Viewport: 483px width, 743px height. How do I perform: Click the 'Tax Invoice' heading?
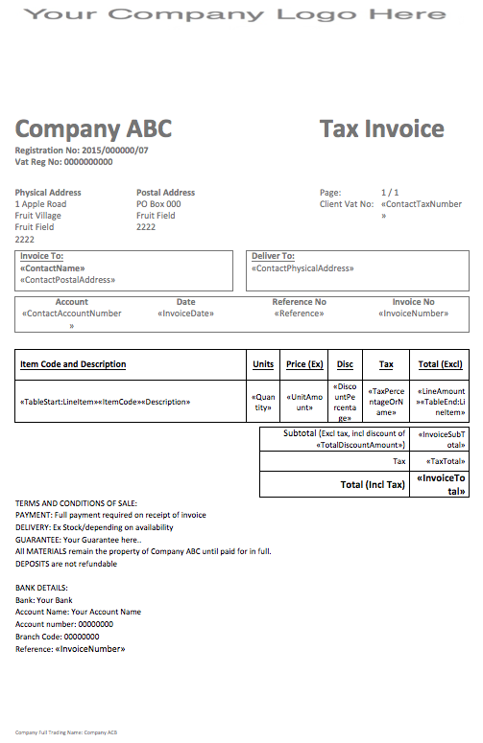click(381, 129)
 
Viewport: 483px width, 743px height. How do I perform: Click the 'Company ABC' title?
click(93, 129)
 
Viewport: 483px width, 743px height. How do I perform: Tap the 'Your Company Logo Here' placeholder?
click(235, 14)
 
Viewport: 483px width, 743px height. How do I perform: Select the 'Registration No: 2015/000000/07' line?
click(82, 151)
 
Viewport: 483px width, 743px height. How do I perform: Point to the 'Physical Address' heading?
click(48, 193)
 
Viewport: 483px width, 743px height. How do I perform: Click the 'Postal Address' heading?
click(166, 193)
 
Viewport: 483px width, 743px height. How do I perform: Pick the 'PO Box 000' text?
click(158, 204)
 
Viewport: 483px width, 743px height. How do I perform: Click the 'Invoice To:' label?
click(41, 257)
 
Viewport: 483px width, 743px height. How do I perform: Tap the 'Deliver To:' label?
click(273, 257)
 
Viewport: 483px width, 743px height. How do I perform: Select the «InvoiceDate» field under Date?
click(185, 313)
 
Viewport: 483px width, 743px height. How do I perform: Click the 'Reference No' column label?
click(300, 302)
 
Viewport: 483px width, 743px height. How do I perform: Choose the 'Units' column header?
click(263, 364)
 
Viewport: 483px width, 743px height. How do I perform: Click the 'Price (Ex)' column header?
click(304, 364)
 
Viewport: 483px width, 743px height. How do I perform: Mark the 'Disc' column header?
click(345, 364)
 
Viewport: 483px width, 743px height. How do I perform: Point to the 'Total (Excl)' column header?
click(441, 364)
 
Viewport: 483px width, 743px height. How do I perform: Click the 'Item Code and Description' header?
click(73, 364)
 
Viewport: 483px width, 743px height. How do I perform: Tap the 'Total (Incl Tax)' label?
click(373, 484)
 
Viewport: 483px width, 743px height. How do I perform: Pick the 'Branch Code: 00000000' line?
click(58, 637)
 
